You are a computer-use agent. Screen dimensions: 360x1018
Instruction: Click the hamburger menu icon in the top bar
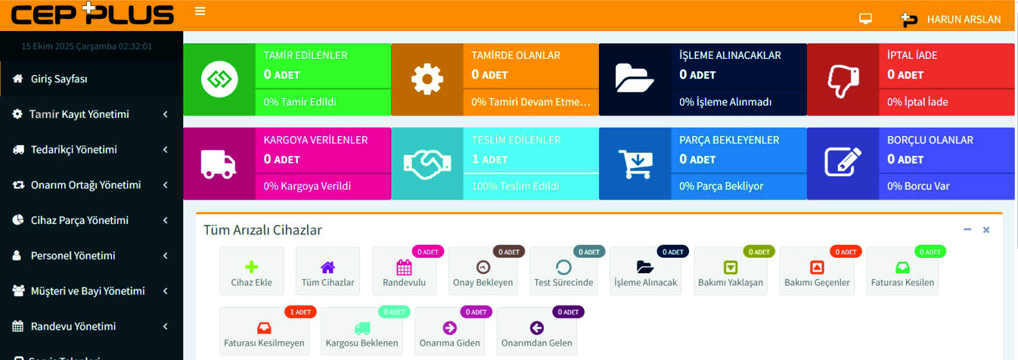[200, 11]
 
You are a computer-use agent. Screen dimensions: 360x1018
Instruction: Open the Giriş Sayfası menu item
[59, 79]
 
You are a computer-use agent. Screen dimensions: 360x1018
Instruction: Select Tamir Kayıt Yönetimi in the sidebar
[79, 114]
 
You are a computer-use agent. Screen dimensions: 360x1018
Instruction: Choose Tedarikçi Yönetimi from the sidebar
[74, 150]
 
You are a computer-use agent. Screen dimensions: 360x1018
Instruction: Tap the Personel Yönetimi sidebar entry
[73, 256]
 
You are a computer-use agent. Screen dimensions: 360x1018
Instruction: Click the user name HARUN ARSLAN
[964, 19]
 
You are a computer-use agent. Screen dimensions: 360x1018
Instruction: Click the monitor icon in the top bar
[865, 19]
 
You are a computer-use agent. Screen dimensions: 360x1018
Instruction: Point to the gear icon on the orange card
[427, 80]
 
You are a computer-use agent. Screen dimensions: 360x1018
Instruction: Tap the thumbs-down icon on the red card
[843, 80]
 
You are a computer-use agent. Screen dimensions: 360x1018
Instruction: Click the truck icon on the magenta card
[219, 164]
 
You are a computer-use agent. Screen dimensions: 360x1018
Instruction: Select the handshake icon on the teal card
[427, 164]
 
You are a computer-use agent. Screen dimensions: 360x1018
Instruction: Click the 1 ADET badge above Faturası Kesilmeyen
[300, 312]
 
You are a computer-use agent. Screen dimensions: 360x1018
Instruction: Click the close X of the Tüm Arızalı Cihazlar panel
[986, 230]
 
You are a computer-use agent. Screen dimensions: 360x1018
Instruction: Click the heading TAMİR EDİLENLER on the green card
[306, 56]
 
